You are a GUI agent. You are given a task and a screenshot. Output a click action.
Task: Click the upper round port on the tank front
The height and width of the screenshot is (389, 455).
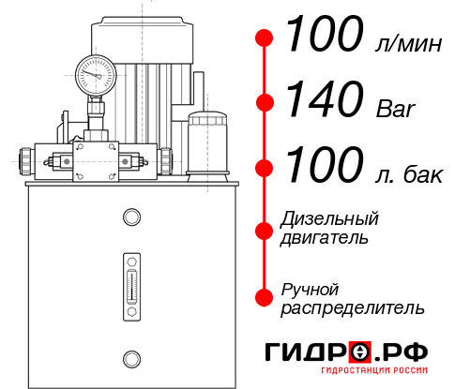click(130, 218)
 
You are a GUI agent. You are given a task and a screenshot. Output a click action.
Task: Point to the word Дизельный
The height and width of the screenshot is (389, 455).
click(329, 219)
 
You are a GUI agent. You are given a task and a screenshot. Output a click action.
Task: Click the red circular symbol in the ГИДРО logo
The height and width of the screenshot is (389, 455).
click(359, 354)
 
